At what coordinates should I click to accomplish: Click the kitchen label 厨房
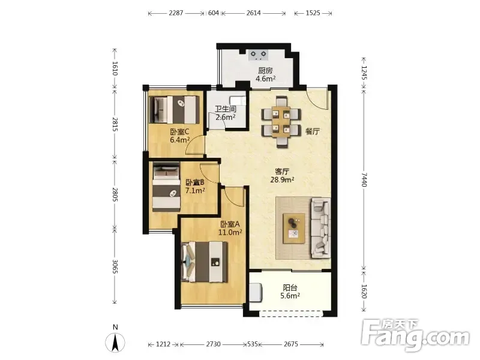[265, 71]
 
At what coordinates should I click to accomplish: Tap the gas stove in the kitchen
[258, 55]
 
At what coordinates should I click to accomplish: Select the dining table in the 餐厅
[281, 122]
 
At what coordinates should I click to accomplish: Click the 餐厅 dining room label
[313, 131]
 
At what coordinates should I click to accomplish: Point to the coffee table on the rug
[294, 229]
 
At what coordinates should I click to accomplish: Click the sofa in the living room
[321, 228]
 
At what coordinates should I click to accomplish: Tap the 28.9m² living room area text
[282, 179]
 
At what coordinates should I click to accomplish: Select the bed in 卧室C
[174, 110]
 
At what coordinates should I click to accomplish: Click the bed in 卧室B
[166, 187]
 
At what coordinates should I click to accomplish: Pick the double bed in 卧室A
[204, 262]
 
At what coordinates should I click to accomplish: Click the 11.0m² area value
[230, 232]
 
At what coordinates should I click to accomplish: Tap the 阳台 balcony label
[290, 287]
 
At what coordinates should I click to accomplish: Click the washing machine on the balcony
[256, 292]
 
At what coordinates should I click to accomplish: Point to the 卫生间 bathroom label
[226, 109]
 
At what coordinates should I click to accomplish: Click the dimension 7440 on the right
[364, 179]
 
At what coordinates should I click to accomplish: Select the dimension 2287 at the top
[176, 13]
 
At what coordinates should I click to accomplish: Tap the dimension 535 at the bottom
[253, 344]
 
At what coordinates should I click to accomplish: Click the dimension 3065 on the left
[115, 266]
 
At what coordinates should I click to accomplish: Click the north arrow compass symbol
[115, 341]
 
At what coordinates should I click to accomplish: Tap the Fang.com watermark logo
[415, 335]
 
